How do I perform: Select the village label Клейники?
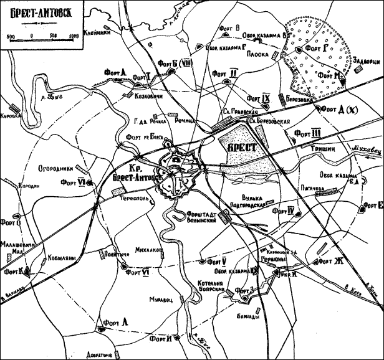coord(99,36)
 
